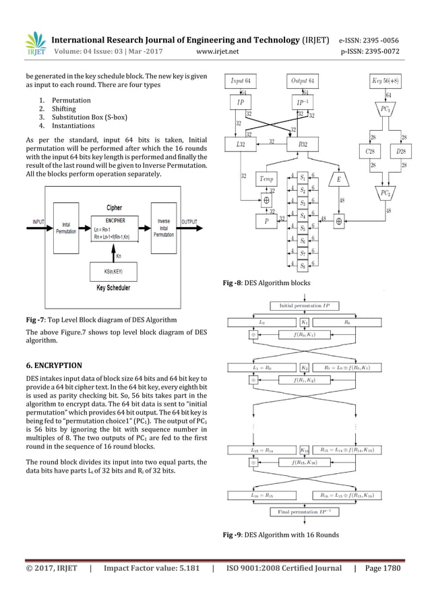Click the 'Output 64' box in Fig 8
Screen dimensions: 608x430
[306, 81]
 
